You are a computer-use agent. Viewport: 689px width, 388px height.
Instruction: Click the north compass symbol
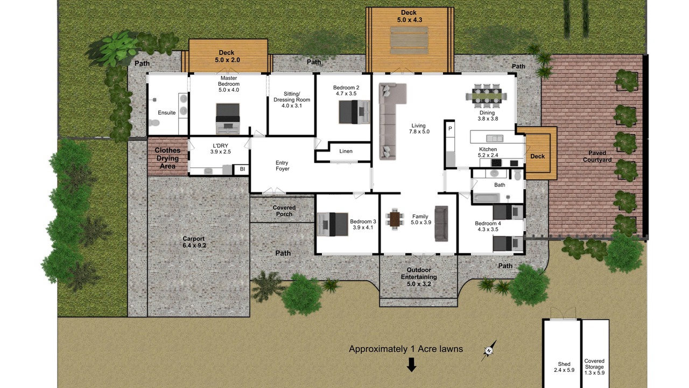pyautogui.click(x=489, y=350)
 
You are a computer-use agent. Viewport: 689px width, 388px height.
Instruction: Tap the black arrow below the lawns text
pyautogui.click(x=411, y=365)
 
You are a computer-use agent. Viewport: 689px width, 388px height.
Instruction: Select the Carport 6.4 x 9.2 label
pyautogui.click(x=194, y=242)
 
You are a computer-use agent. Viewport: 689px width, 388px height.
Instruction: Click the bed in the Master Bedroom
pyautogui.click(x=228, y=119)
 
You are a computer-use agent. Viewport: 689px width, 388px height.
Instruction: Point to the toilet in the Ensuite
pyautogui.click(x=154, y=123)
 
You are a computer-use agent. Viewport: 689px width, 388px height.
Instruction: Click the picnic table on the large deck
pyautogui.click(x=409, y=40)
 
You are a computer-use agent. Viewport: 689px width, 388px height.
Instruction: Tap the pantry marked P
pyautogui.click(x=450, y=128)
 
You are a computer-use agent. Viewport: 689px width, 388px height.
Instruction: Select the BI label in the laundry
pyautogui.click(x=242, y=169)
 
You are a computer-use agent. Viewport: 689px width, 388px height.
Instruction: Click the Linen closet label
pyautogui.click(x=346, y=151)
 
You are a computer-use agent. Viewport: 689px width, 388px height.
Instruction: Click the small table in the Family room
pyautogui.click(x=395, y=219)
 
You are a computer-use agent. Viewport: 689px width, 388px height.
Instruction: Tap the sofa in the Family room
pyautogui.click(x=441, y=224)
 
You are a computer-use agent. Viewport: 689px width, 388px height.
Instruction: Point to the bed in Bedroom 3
pyautogui.click(x=333, y=224)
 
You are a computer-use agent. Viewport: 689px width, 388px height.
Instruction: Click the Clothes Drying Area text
pyautogui.click(x=167, y=158)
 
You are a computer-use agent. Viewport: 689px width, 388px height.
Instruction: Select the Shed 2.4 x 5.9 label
pyautogui.click(x=564, y=367)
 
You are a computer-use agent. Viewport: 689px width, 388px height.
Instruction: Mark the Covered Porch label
pyautogui.click(x=284, y=211)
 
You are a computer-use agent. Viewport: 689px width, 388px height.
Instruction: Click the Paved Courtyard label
pyautogui.click(x=597, y=156)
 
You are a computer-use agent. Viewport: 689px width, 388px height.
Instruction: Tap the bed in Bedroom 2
pyautogui.click(x=354, y=112)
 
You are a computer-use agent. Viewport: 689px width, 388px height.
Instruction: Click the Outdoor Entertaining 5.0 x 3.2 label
pyautogui.click(x=419, y=277)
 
